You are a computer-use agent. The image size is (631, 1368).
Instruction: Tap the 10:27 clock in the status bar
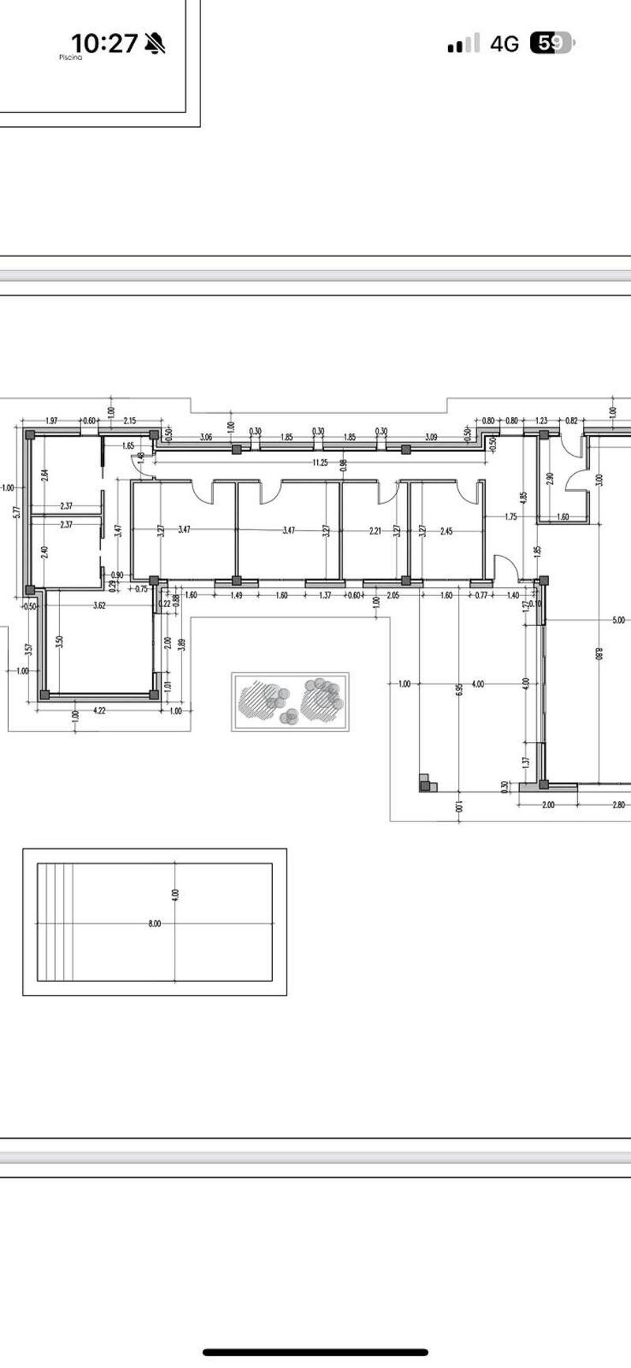(x=104, y=43)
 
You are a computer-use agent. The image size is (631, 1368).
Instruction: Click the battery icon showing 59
(x=552, y=43)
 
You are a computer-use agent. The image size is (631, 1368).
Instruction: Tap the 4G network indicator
(x=505, y=44)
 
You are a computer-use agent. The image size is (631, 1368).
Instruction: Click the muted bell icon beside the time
(x=155, y=43)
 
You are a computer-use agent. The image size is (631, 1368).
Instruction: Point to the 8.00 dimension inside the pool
(x=155, y=923)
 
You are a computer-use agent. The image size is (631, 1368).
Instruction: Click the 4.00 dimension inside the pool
(x=175, y=894)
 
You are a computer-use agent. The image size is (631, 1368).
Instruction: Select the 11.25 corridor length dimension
(x=319, y=463)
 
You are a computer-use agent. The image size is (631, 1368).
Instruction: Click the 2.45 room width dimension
(x=446, y=531)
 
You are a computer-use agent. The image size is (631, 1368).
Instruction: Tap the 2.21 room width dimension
(x=375, y=531)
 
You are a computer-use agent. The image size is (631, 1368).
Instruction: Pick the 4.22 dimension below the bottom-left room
(x=99, y=710)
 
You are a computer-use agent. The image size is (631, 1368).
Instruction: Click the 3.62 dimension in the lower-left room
(x=99, y=606)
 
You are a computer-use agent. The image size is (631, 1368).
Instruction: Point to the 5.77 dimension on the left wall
(x=17, y=512)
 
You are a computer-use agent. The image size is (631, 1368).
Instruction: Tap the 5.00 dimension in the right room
(x=618, y=621)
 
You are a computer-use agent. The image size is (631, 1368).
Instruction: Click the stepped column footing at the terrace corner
(x=427, y=782)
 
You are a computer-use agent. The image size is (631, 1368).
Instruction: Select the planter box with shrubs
(x=290, y=701)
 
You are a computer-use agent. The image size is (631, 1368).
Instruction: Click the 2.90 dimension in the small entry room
(x=550, y=479)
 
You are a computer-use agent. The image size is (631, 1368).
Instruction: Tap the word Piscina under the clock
(x=70, y=58)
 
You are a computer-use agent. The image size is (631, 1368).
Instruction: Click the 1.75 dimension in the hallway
(x=510, y=517)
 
